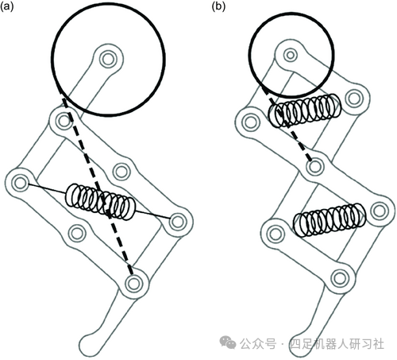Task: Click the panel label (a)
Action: click(x=7, y=7)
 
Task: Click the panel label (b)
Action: click(x=218, y=7)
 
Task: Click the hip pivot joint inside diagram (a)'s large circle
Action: click(x=108, y=59)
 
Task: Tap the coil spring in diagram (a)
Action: click(x=101, y=201)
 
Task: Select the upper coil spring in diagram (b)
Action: click(x=304, y=110)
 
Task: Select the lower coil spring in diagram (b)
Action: click(x=330, y=219)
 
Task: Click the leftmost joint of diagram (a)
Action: click(x=20, y=183)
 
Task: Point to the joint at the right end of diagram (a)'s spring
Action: click(x=177, y=222)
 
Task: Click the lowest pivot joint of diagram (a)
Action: click(x=133, y=284)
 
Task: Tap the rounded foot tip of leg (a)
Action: click(x=87, y=344)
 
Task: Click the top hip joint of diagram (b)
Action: click(x=291, y=55)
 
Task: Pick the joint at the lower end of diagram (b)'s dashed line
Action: click(x=315, y=167)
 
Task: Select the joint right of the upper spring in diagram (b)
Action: click(x=355, y=99)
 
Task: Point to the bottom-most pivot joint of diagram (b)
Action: click(x=340, y=278)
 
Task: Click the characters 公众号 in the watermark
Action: click(x=258, y=344)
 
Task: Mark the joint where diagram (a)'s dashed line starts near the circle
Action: click(x=64, y=121)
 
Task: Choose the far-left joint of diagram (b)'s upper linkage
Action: click(x=251, y=122)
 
